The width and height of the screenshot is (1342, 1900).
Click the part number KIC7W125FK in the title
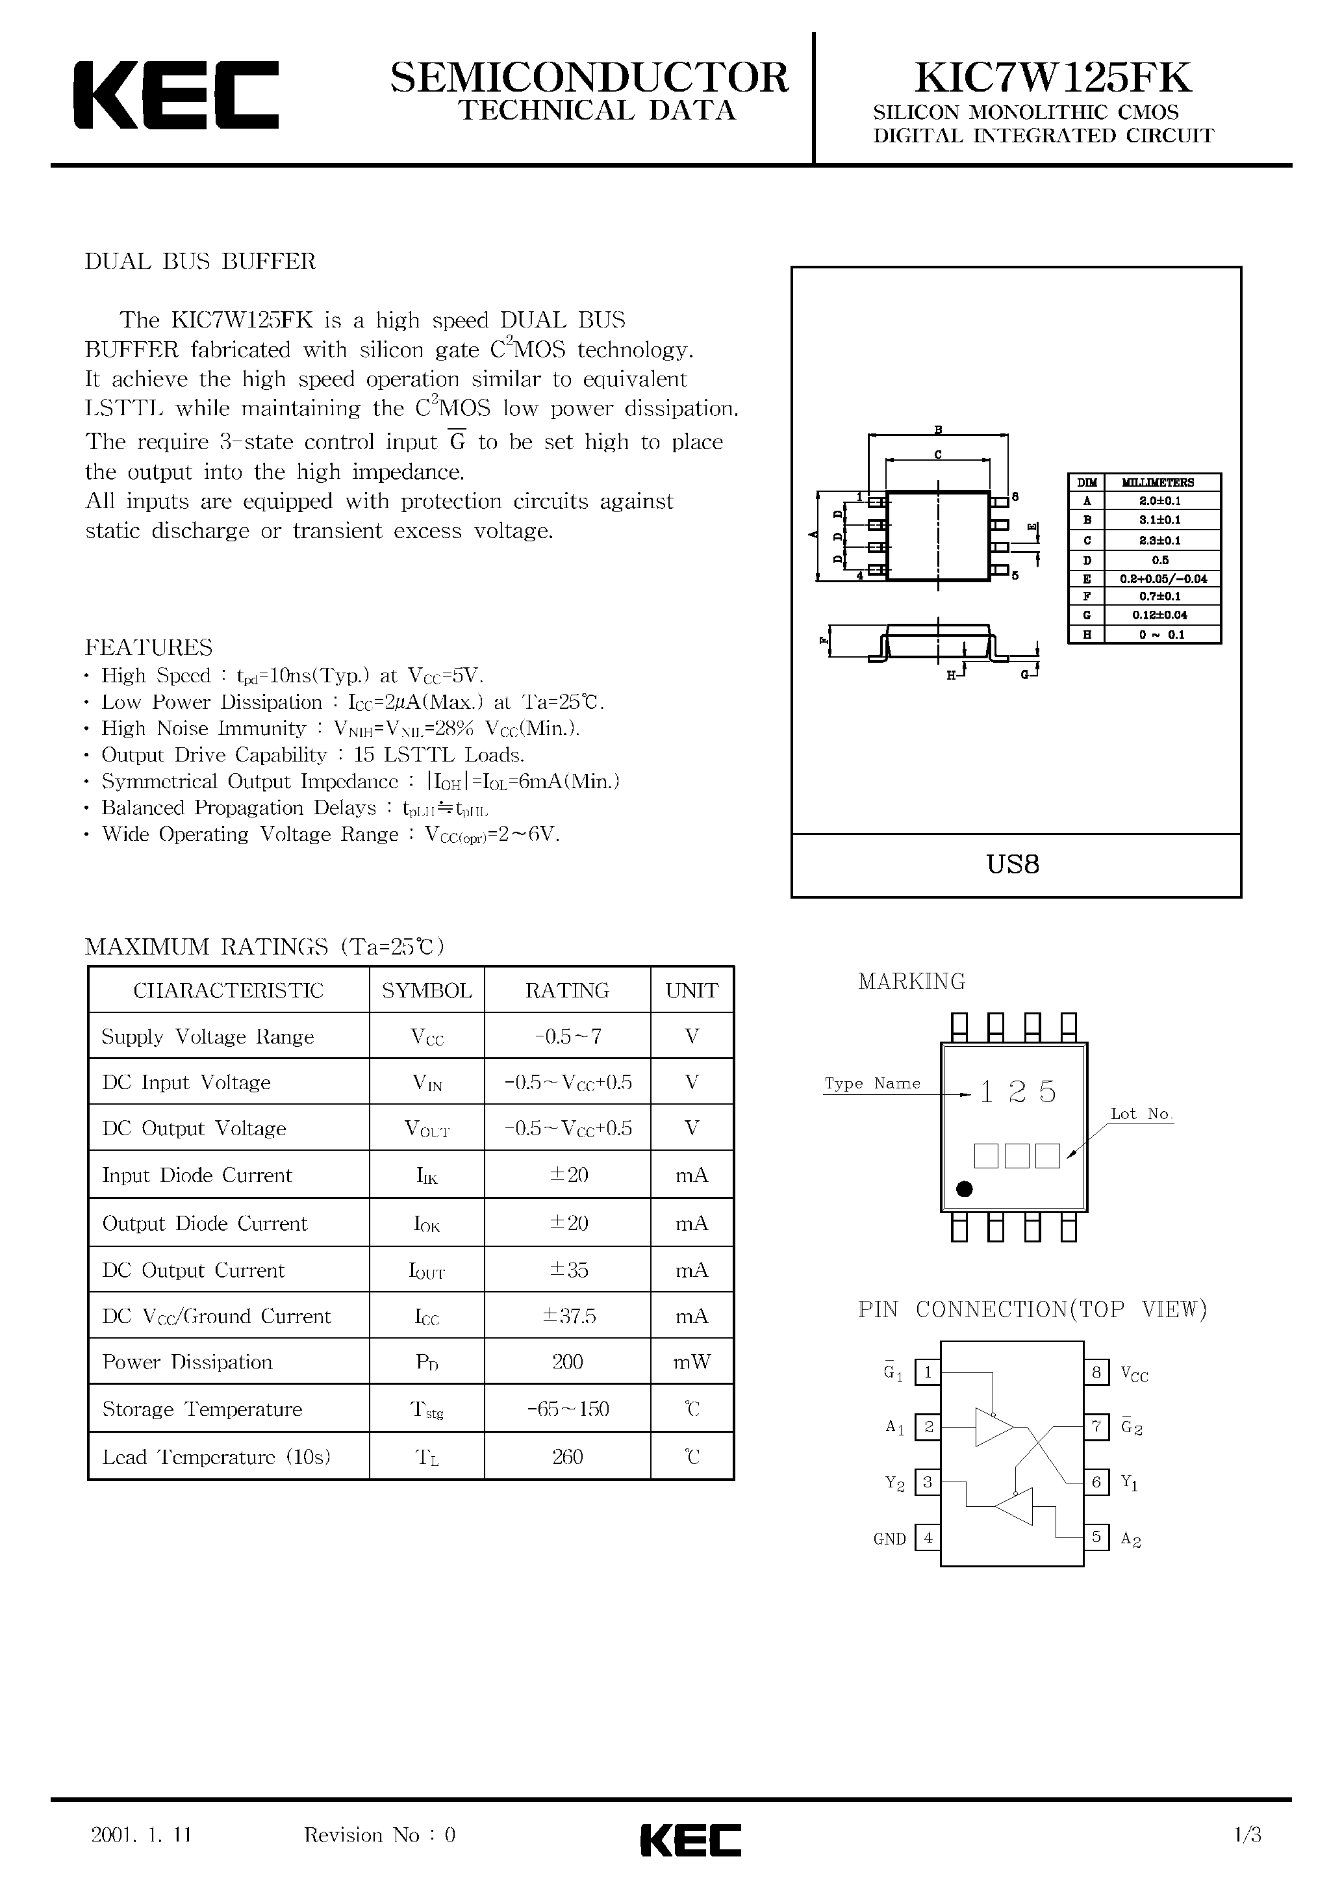pyautogui.click(x=1052, y=79)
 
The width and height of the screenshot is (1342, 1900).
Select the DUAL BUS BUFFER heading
pyautogui.click(x=200, y=261)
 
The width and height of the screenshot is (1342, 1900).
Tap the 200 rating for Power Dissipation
pyautogui.click(x=568, y=1362)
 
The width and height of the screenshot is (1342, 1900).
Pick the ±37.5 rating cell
pyautogui.click(x=568, y=1316)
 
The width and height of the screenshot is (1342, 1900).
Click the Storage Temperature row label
pyautogui.click(x=203, y=1409)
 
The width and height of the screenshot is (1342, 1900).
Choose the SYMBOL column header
pyautogui.click(x=427, y=990)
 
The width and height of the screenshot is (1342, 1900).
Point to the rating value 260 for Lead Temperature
pyautogui.click(x=568, y=1456)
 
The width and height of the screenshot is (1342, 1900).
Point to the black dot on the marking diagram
pyautogui.click(x=964, y=1190)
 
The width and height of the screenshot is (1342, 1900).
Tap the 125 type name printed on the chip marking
pyautogui.click(x=1018, y=1092)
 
